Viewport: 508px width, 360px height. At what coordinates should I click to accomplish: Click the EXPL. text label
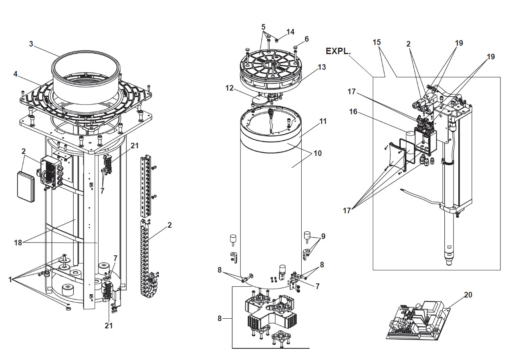point(338,51)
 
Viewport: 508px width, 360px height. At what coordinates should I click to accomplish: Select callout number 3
point(31,44)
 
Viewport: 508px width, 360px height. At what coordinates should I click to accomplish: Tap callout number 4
point(15,74)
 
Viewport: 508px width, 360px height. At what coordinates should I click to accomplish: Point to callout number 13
point(322,67)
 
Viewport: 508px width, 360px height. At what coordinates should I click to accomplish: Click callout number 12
point(230,88)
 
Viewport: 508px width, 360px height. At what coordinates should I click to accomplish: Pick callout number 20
point(468,295)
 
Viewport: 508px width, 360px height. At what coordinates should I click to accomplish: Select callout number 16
point(353,112)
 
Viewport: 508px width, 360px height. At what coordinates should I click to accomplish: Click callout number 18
point(18,243)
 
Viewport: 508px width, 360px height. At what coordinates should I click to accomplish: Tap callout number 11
point(323,121)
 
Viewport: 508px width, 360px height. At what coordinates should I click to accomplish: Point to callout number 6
point(306,39)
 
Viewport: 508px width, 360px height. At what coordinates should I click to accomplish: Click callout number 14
point(290,32)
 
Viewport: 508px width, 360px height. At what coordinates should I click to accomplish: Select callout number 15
point(377,42)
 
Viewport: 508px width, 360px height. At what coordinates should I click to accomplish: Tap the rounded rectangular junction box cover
point(26,186)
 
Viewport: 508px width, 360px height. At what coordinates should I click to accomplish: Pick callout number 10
point(317,154)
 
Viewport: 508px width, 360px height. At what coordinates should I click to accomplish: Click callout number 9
point(323,236)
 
